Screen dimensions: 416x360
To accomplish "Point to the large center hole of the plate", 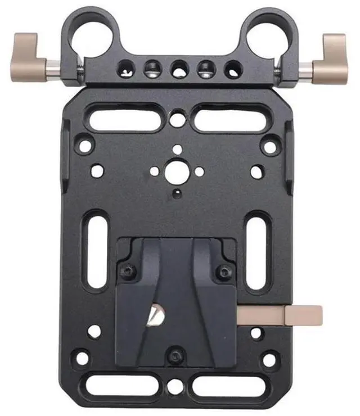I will (x=177, y=169).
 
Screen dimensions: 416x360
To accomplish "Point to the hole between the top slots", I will (x=177, y=119).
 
